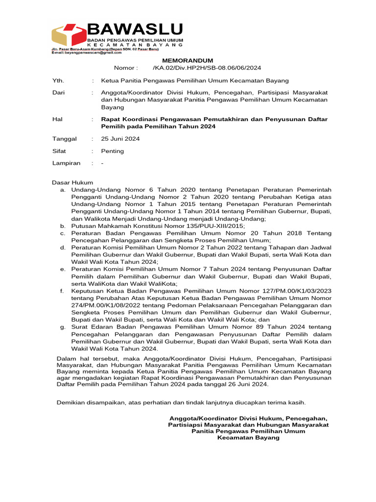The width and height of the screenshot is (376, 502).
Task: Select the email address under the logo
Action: point(86,52)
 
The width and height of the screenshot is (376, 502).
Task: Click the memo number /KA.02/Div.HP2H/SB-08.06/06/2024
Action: point(207,68)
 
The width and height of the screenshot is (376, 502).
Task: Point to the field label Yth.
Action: point(58,80)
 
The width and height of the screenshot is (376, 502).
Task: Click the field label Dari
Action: point(58,92)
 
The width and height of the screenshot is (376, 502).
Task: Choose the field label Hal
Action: point(57,119)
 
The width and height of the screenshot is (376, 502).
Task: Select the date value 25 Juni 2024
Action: point(120,139)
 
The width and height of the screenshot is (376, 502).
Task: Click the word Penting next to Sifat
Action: point(113,151)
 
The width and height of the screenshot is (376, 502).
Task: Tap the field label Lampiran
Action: point(66,163)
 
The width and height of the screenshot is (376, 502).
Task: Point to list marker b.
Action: point(63,226)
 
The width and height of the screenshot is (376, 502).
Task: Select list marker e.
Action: point(63,269)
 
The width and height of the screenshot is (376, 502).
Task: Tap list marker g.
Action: point(63,327)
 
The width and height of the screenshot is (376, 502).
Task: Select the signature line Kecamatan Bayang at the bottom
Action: point(248,437)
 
